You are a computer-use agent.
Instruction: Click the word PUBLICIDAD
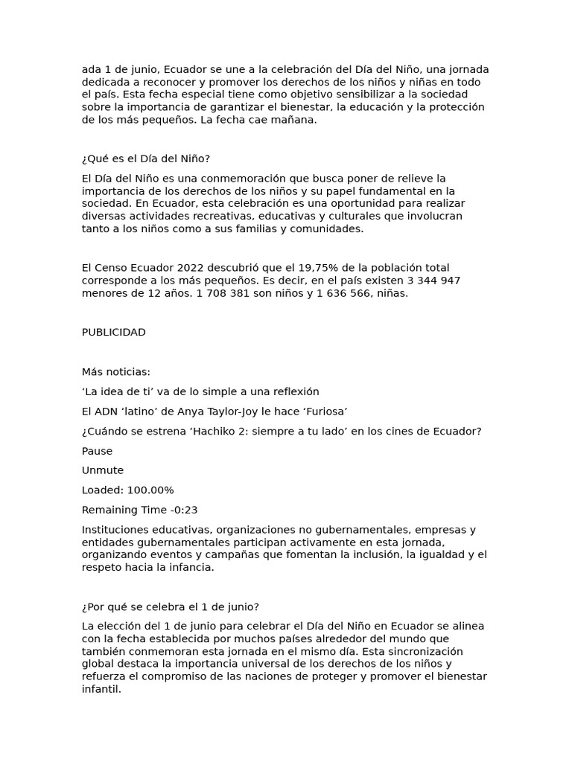(113, 333)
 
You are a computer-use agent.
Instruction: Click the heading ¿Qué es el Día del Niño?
(146, 159)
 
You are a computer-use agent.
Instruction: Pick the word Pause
(97, 451)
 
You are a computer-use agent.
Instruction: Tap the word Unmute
(102, 470)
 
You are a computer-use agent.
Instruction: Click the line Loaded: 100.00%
(127, 490)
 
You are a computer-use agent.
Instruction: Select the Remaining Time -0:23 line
(139, 510)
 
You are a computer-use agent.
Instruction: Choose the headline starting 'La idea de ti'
(200, 391)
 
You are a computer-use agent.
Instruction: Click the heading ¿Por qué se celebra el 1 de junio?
(170, 606)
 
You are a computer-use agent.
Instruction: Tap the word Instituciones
(117, 530)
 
